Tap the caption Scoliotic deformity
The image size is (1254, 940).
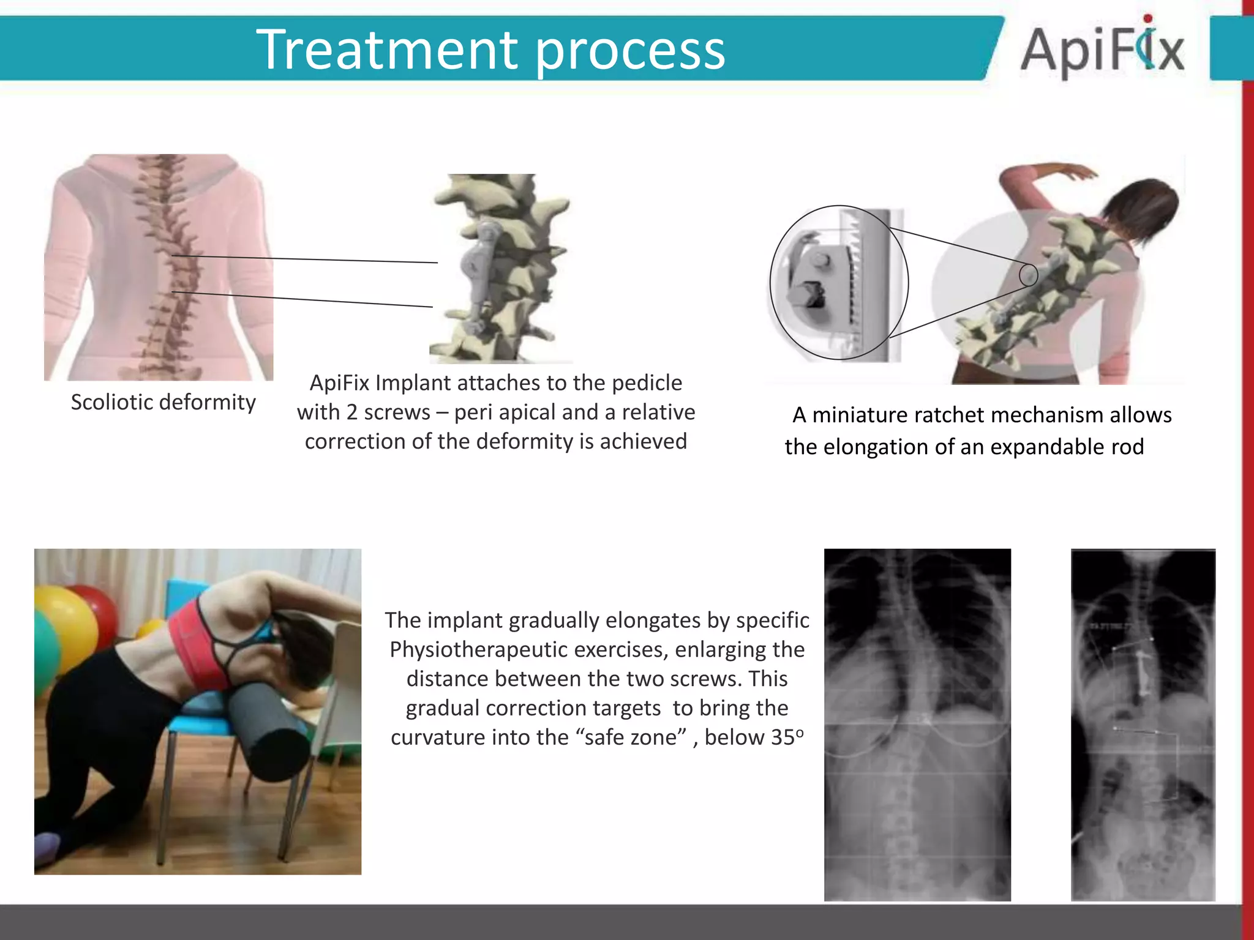[163, 402]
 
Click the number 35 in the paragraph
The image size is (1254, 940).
[783, 737]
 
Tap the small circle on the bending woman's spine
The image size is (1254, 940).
[1028, 275]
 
